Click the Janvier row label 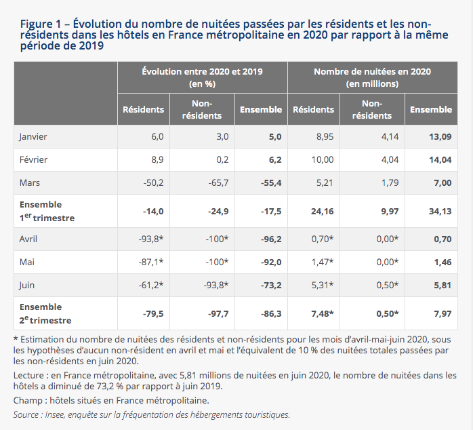click(33, 137)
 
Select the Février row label click(33, 159)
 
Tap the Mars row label click(30, 182)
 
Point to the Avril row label click(28, 239)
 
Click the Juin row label click(26, 285)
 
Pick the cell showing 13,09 click(440, 137)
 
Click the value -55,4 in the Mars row click(271, 182)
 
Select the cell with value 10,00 click(323, 159)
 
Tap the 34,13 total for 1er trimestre click(440, 211)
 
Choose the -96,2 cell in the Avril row click(271, 239)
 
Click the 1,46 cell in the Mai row click(443, 262)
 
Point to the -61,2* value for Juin click(151, 285)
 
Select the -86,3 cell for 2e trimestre click(271, 314)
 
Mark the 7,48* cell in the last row click(323, 314)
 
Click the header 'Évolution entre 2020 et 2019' click(203, 72)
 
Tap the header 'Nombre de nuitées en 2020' click(372, 72)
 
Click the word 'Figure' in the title click(37, 24)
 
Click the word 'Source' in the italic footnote click(26, 415)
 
